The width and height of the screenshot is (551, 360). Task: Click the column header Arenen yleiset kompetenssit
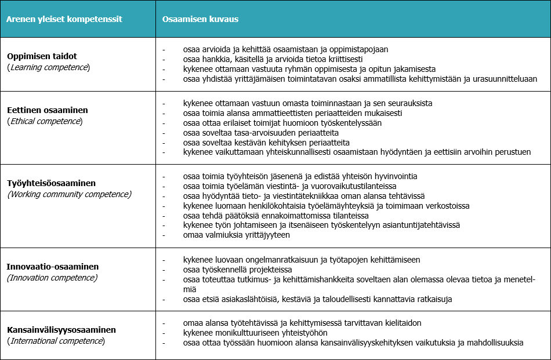coord(64,19)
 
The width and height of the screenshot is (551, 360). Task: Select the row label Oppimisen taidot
coord(42,56)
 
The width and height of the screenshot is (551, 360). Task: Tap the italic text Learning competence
coord(49,67)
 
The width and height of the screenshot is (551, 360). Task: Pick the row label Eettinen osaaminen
coord(48,110)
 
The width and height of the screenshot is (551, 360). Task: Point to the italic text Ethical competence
coord(45,121)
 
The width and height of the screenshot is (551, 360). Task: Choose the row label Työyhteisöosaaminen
coord(51,183)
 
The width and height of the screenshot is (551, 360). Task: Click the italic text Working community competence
coord(69,194)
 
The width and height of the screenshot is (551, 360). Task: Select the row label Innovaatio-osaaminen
coord(53,267)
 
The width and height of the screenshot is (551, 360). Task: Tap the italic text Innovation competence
coord(52,278)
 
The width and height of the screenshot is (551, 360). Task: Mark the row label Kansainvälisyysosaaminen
coord(61,330)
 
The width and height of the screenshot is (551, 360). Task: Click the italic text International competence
coord(56,341)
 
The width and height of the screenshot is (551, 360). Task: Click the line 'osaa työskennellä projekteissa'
coord(237,270)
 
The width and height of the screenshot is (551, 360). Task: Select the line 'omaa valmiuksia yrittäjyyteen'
coord(236,235)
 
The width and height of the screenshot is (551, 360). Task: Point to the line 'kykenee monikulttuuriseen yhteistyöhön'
coord(255,333)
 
